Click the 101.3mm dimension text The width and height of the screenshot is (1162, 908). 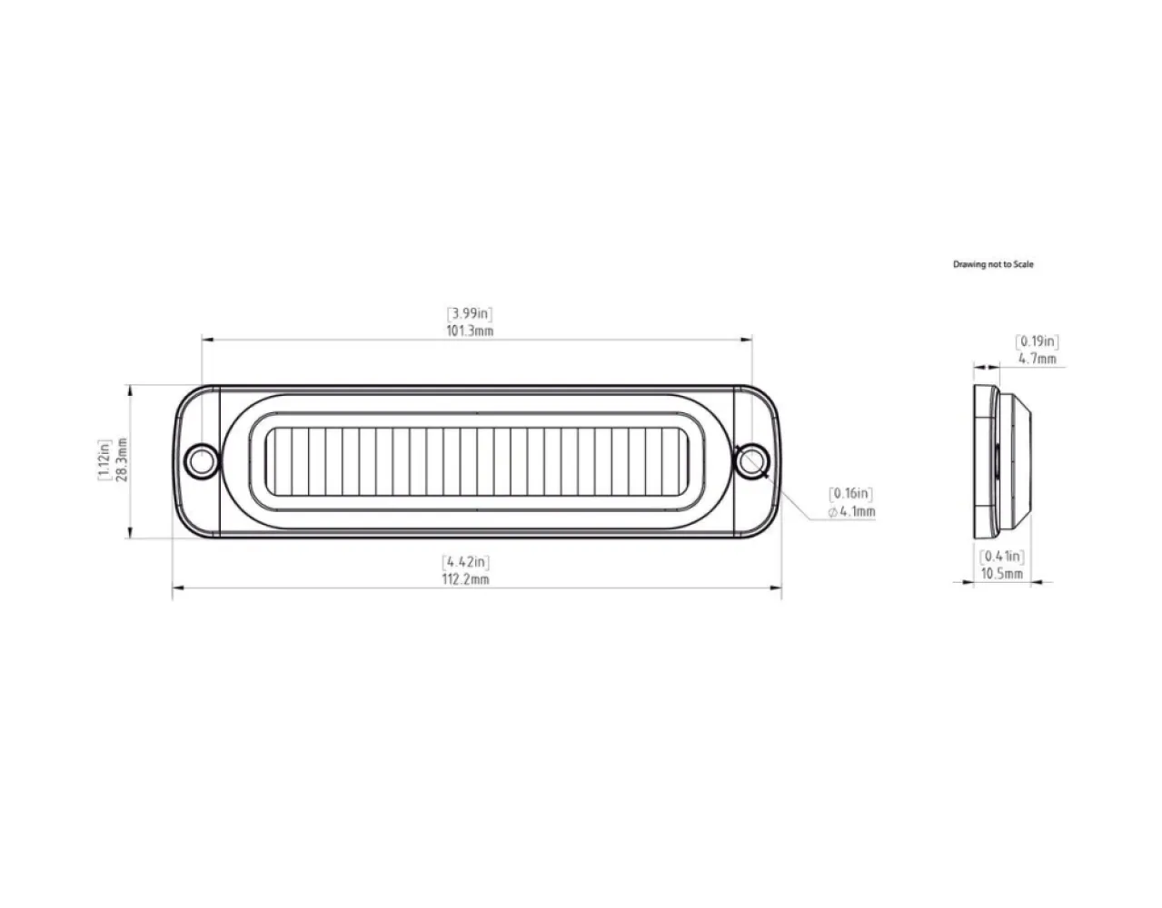(x=472, y=331)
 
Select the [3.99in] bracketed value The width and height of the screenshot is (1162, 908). (x=472, y=314)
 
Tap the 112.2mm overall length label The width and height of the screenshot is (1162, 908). (x=466, y=579)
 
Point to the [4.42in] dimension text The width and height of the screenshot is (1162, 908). (x=466, y=562)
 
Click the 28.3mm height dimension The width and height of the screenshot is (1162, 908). (x=122, y=460)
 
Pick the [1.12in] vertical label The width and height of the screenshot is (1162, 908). (x=104, y=460)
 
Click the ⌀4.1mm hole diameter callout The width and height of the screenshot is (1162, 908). (x=851, y=512)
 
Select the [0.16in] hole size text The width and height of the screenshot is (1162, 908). (x=851, y=494)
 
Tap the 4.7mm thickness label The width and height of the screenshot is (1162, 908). (x=1037, y=359)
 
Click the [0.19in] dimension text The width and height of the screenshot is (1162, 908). (x=1037, y=342)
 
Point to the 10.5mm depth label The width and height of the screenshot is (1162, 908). (x=1001, y=574)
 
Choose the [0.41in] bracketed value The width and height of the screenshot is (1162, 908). (x=1001, y=557)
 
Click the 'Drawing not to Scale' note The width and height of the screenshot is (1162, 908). (x=993, y=264)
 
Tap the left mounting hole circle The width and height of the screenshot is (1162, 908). (x=201, y=461)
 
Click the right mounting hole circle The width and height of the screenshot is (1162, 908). (x=750, y=461)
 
